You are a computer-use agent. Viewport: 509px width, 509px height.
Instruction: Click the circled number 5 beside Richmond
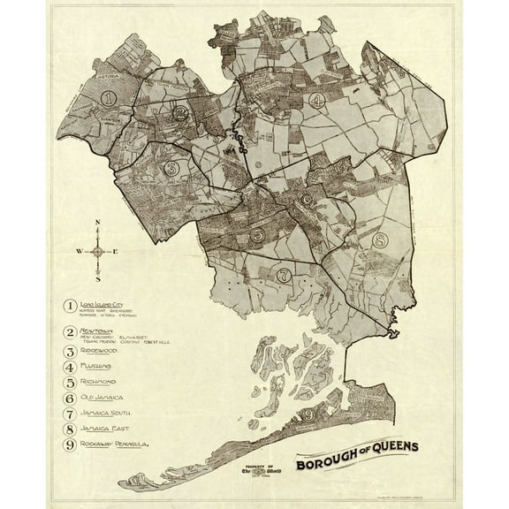(69, 384)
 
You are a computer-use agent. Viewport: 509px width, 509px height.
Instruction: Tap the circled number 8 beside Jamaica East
(69, 426)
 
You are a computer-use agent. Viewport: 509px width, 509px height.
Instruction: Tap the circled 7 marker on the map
(284, 275)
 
